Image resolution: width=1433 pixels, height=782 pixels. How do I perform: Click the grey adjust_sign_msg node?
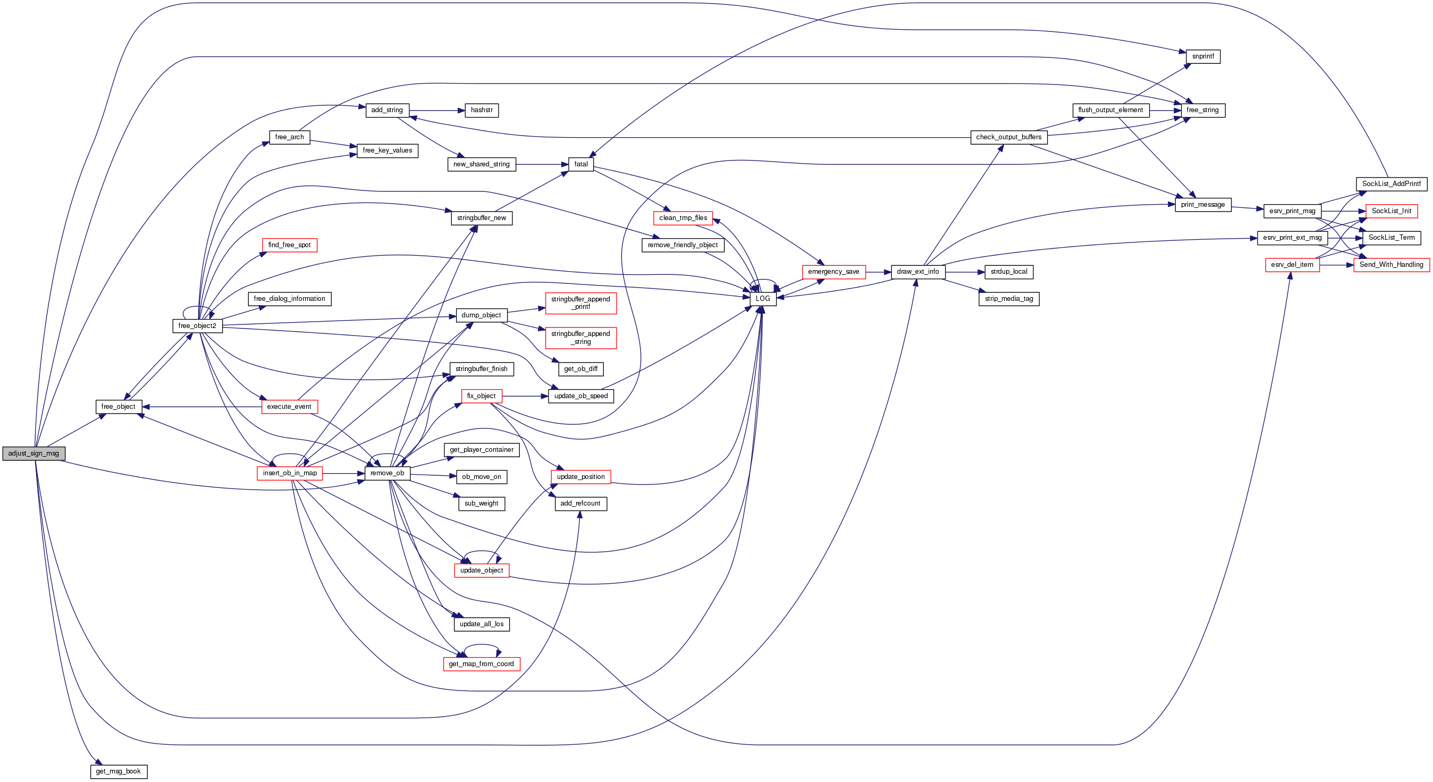click(x=33, y=453)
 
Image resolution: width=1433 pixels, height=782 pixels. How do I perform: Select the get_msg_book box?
click(x=119, y=771)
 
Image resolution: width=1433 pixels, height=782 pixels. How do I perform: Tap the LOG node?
click(x=763, y=299)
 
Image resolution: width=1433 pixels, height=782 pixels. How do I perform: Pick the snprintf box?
click(x=1203, y=57)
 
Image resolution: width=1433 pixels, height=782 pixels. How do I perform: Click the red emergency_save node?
click(x=833, y=272)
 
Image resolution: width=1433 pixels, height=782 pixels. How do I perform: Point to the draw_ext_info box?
click(x=917, y=272)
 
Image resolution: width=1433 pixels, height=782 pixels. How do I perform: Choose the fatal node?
click(x=581, y=164)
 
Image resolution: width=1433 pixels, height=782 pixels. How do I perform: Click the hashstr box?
click(x=481, y=110)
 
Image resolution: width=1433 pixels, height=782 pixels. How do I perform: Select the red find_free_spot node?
click(x=289, y=245)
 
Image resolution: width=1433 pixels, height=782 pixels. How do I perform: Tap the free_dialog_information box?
click(x=289, y=299)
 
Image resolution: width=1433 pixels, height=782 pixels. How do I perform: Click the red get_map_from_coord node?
click(x=481, y=664)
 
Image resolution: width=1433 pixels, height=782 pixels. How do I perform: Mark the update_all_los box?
click(x=481, y=624)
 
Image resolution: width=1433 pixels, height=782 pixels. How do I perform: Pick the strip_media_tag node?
click(x=1008, y=299)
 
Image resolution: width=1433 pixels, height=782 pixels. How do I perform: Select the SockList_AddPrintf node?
click(x=1390, y=184)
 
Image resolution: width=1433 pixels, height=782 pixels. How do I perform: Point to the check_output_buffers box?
click(x=1008, y=137)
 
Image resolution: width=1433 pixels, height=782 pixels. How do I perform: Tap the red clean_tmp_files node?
click(x=683, y=218)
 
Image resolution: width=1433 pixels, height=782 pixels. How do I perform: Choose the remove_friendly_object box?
click(x=682, y=245)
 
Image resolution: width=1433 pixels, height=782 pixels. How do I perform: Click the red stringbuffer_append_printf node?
click(x=580, y=303)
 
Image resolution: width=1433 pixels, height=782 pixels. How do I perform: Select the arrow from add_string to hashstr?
click(x=437, y=110)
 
